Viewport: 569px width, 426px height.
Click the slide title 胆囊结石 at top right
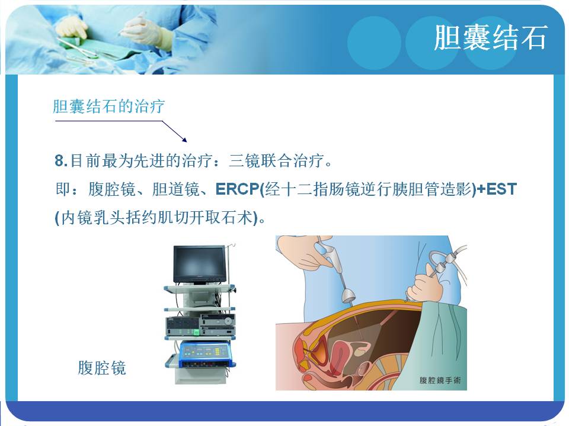click(x=490, y=38)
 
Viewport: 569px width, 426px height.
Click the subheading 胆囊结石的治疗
click(x=109, y=106)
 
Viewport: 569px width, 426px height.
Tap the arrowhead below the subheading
click(x=184, y=140)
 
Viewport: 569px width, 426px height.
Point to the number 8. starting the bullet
click(x=61, y=160)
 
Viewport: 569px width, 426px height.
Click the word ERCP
click(x=237, y=189)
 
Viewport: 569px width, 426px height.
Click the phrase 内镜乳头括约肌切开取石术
click(x=156, y=218)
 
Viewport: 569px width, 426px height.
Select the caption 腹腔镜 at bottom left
click(x=102, y=367)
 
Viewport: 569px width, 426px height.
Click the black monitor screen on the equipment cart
click(x=200, y=263)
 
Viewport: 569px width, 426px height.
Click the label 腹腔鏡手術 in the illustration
click(x=440, y=380)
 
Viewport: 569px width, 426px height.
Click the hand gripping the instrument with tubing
click(x=425, y=286)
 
